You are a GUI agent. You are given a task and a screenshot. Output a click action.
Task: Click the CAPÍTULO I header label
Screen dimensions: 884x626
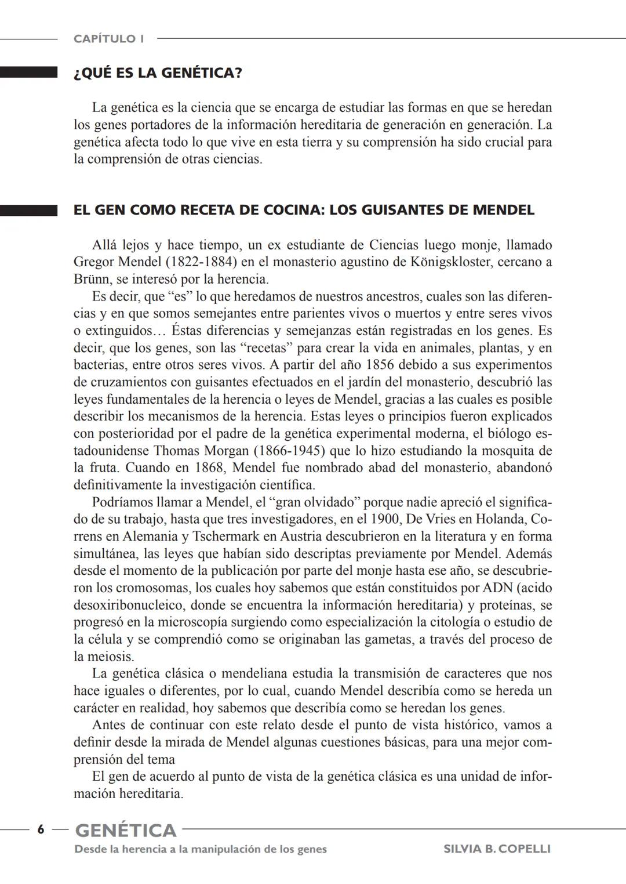point(109,39)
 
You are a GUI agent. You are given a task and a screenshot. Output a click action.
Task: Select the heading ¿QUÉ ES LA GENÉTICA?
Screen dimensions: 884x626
point(158,73)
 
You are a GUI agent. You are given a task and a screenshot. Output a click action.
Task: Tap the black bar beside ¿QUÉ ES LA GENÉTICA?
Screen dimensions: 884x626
point(28,73)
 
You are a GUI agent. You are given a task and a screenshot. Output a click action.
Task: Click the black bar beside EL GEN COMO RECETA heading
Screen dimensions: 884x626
point(28,210)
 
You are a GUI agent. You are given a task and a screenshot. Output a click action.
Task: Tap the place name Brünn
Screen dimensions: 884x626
point(90,279)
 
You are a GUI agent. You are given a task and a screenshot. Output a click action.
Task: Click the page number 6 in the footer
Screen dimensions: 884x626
point(41,829)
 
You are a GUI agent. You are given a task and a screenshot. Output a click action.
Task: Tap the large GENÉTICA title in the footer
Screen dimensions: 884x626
point(126,831)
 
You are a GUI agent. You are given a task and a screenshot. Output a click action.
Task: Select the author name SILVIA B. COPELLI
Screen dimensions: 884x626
point(497,849)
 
